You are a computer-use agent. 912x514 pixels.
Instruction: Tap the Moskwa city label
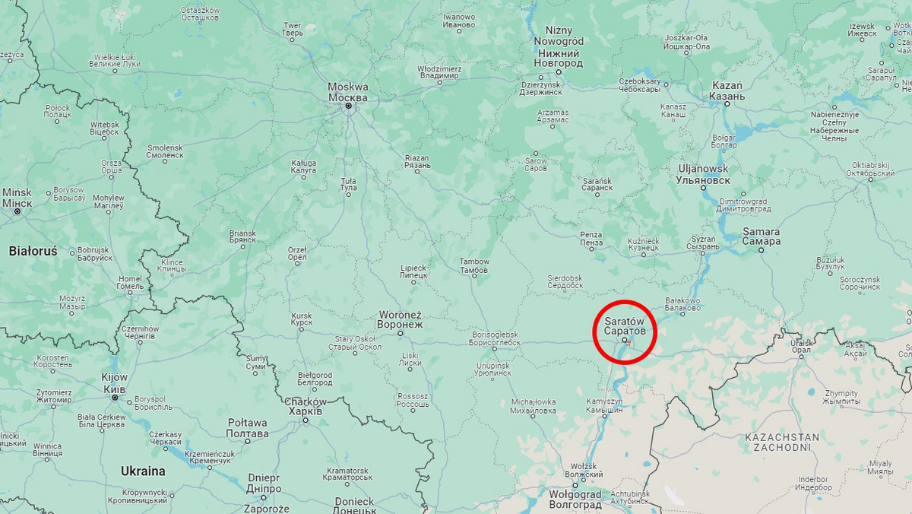(348, 92)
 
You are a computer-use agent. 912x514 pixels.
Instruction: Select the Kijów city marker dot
(115, 398)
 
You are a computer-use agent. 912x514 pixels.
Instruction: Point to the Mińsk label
(17, 198)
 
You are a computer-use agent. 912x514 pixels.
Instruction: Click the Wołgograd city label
(575, 498)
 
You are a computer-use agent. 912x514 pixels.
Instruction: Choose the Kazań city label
(726, 90)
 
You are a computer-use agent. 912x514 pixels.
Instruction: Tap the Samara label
(761, 236)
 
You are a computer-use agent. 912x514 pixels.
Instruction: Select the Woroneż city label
(400, 319)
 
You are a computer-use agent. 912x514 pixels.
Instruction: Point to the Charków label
(306, 406)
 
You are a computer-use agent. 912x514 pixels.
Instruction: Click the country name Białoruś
(33, 250)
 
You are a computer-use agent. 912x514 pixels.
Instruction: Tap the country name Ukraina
(143, 471)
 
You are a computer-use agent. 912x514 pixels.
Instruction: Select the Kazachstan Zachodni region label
(782, 443)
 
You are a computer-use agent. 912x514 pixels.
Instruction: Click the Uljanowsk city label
(703, 174)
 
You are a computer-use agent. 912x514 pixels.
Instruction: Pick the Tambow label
(474, 266)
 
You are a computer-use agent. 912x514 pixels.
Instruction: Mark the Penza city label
(591, 239)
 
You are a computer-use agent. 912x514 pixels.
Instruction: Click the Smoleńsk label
(165, 151)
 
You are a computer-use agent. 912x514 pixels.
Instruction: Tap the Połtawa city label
(247, 428)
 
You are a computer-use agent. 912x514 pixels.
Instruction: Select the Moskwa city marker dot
(349, 106)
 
